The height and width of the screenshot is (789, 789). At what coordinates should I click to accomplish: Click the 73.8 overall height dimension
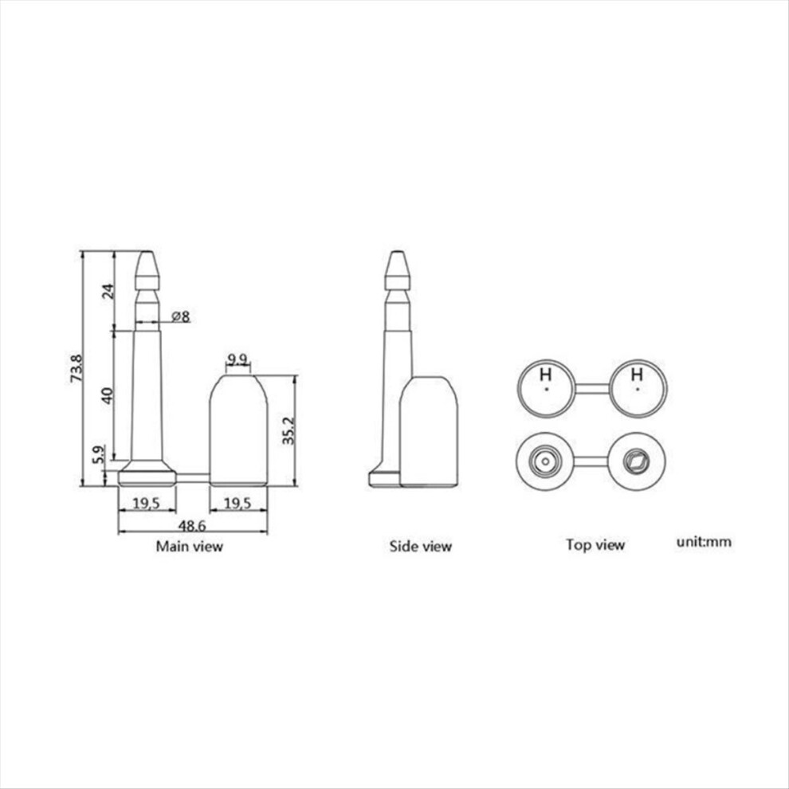click(x=77, y=368)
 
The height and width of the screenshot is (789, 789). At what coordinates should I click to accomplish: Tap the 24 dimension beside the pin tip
click(x=108, y=292)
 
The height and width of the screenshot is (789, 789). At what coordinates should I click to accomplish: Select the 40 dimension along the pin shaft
click(x=108, y=395)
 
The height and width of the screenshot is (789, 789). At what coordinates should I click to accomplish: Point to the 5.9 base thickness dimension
click(x=99, y=454)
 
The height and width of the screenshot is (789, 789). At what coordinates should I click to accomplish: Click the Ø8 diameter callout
click(x=181, y=316)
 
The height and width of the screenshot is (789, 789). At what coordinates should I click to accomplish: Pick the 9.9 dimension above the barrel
click(x=237, y=359)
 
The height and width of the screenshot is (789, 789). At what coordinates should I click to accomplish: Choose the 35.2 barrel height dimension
click(x=288, y=430)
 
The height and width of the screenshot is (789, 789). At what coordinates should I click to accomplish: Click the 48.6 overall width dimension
click(x=192, y=526)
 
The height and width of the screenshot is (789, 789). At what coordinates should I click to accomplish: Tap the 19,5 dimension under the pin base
click(x=147, y=503)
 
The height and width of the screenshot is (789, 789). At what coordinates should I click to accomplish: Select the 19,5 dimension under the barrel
click(x=237, y=503)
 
